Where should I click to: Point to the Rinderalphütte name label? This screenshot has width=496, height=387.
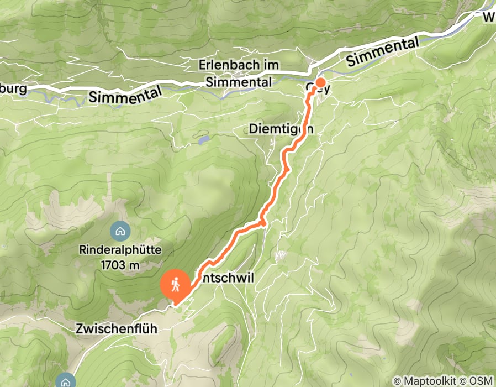pyautogui.click(x=120, y=250)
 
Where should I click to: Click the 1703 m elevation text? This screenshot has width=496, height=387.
pyautogui.click(x=120, y=265)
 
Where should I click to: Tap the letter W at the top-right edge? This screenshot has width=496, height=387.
pyautogui.click(x=489, y=18)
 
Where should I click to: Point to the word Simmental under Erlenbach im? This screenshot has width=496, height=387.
pyautogui.click(x=239, y=82)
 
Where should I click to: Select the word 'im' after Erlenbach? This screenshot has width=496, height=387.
pyautogui.click(x=271, y=65)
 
